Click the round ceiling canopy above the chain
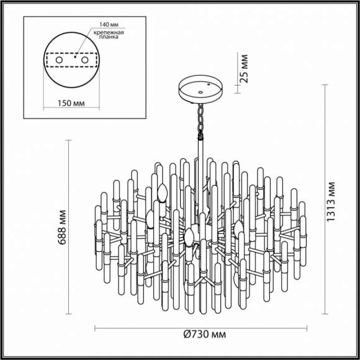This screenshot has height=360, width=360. [x=200, y=88]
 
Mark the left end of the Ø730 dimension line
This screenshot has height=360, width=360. [x=95, y=328]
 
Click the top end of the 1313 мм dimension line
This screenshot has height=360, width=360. [x=326, y=82]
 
